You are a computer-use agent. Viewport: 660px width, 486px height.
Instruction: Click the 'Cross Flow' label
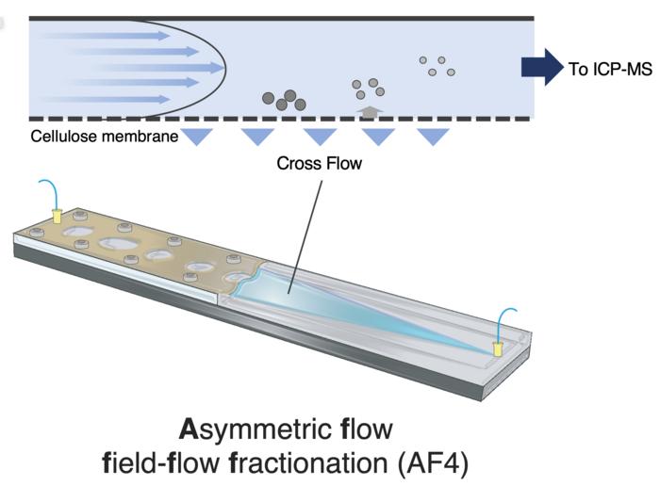click(319, 164)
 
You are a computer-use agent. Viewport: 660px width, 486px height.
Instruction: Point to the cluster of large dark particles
click(283, 99)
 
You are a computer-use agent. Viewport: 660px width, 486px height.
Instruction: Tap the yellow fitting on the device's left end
click(56, 217)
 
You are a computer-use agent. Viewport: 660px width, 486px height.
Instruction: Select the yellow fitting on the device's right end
click(498, 348)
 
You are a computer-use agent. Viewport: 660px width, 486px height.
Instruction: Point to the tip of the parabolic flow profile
click(224, 67)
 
